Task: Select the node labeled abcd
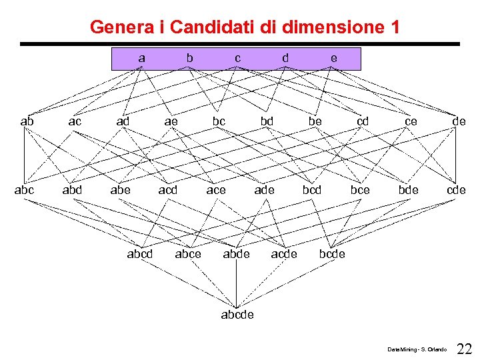[x=140, y=254]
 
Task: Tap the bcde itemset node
[x=332, y=254]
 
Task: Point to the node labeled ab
[x=27, y=121]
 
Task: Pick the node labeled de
[x=459, y=121]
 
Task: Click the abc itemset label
[x=25, y=190]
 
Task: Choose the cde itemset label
[x=456, y=190]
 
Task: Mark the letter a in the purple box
[x=141, y=58]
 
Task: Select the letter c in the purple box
[x=237, y=58]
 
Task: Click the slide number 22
[x=465, y=349]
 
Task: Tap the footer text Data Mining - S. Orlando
[x=417, y=349]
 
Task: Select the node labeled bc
[x=219, y=121]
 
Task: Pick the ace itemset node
[x=216, y=190]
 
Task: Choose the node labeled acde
[x=284, y=254]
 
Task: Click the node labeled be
[x=315, y=121]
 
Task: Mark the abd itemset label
[x=72, y=190]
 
